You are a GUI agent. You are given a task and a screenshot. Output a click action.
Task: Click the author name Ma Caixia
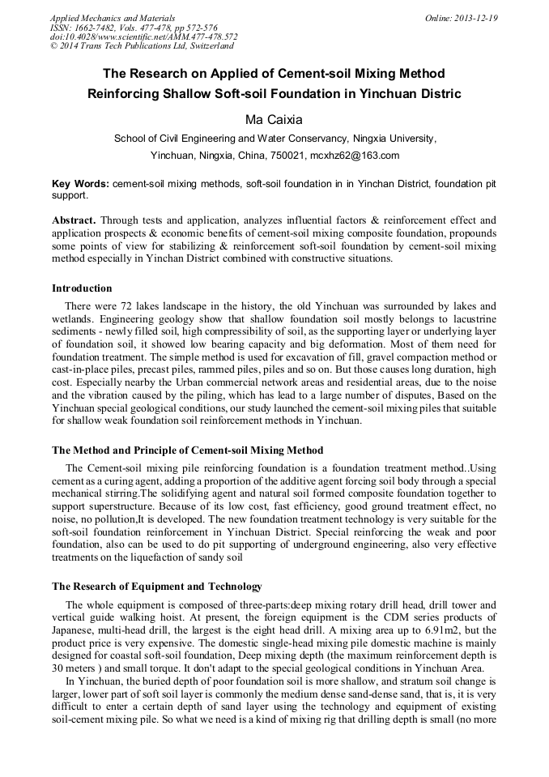274,119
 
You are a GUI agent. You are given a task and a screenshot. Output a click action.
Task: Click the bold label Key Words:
80,184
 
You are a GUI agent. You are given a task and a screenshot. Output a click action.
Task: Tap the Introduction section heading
82,288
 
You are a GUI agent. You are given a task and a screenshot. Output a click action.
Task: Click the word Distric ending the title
438,93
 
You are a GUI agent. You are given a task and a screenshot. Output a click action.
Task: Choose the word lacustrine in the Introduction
468,319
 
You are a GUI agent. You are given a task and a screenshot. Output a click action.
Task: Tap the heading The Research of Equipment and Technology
157,587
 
